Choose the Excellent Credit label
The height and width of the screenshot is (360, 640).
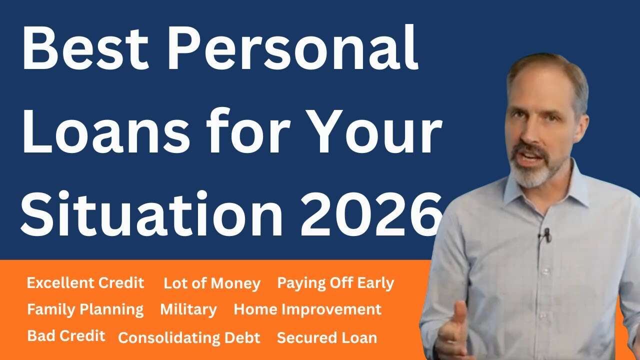click(85, 283)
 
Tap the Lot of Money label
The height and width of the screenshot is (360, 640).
click(212, 284)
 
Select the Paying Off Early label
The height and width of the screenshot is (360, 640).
click(335, 283)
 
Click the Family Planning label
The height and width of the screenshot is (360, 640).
click(85, 310)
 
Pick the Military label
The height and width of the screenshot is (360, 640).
click(188, 309)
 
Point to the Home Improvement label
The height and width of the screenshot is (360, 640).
click(307, 309)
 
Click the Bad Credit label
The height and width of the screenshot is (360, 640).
click(66, 335)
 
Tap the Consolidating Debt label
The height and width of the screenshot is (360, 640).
click(189, 338)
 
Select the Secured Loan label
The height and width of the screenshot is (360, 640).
click(327, 337)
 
